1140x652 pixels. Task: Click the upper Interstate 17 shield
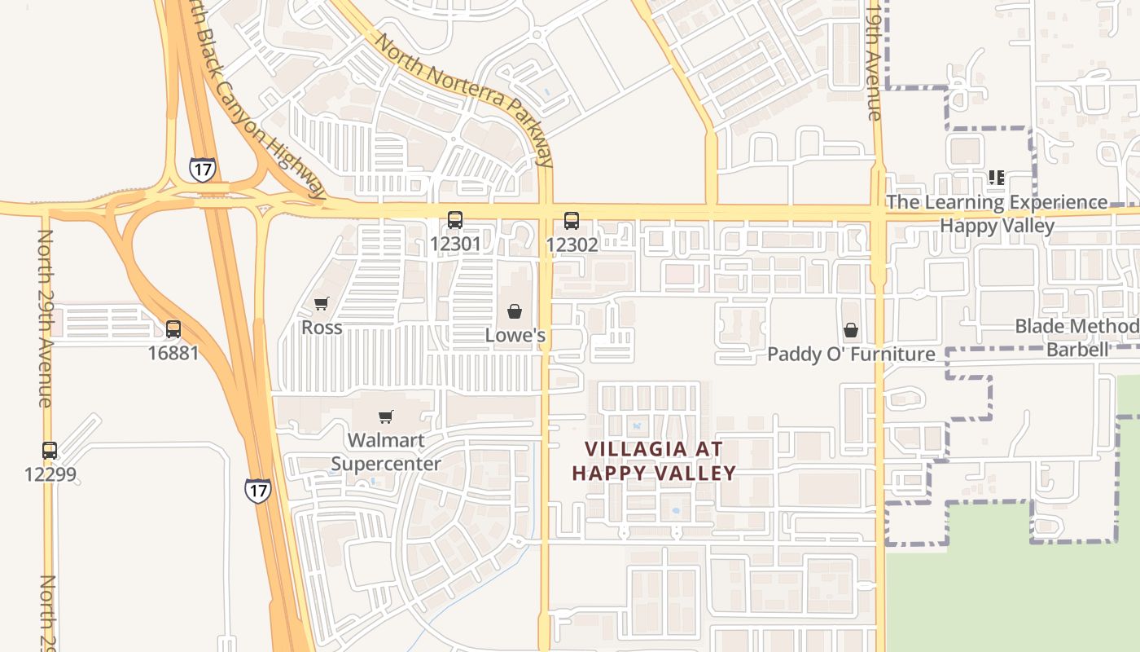(202, 169)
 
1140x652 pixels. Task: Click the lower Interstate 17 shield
(257, 490)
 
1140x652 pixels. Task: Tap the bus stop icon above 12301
(454, 220)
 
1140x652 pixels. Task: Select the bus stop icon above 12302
(572, 220)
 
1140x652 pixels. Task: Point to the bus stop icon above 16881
(173, 329)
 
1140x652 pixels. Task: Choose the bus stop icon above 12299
(50, 450)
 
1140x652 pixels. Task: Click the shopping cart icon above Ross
(322, 304)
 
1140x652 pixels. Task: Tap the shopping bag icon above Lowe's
(515, 311)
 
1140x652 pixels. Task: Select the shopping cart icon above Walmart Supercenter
(386, 417)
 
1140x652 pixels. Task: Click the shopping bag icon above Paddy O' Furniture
(851, 330)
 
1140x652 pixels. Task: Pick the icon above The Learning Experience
(996, 177)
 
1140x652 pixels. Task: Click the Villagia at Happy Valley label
(654, 460)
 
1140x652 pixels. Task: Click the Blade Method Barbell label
(1076, 338)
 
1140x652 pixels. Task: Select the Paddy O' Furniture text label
(851, 354)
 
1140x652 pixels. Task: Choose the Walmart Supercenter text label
(386, 452)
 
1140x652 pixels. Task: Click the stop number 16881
(173, 353)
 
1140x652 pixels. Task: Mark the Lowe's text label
(515, 335)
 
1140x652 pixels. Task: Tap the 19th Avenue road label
(875, 61)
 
